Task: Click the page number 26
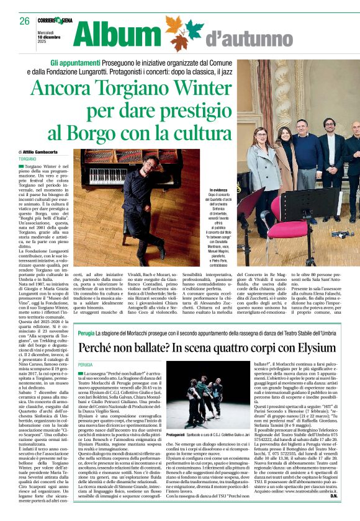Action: [x=24, y=21]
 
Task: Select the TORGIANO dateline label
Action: [x=27, y=159]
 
